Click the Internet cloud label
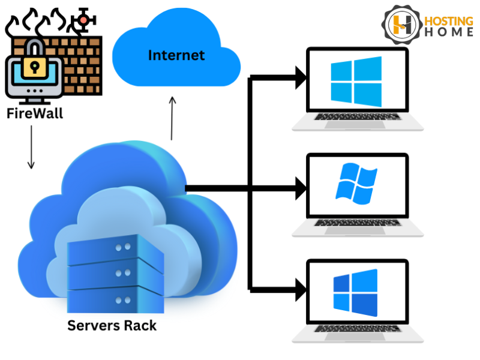coord(176,56)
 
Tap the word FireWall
coord(35,112)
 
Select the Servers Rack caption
coord(112,326)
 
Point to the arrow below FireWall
coord(31,147)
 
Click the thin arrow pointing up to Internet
coord(172,117)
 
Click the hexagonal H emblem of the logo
coord(401,25)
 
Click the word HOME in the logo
coord(449,33)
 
